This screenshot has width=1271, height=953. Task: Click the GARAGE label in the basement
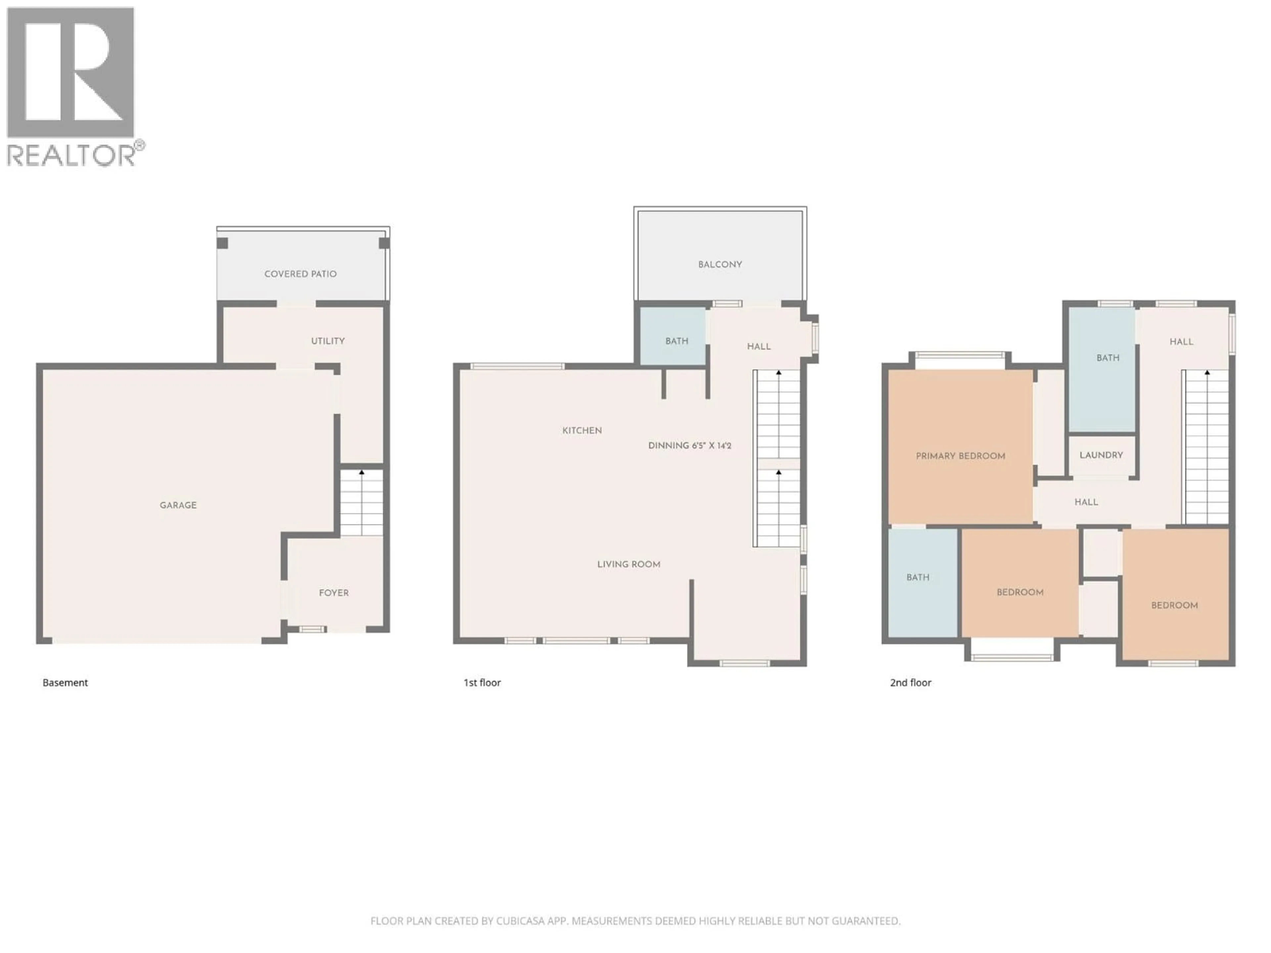178,505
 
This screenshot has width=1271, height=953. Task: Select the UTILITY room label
328,340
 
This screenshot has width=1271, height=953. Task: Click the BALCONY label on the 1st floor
720,264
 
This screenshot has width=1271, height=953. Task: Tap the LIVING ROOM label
629,564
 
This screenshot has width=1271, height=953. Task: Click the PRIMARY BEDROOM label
960,456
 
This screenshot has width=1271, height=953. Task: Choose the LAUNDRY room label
1101,455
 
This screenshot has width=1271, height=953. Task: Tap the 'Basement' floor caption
65,682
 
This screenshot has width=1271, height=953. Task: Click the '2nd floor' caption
910,682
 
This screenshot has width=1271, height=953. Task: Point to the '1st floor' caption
482,682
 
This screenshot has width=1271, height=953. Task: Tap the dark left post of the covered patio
222,243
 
